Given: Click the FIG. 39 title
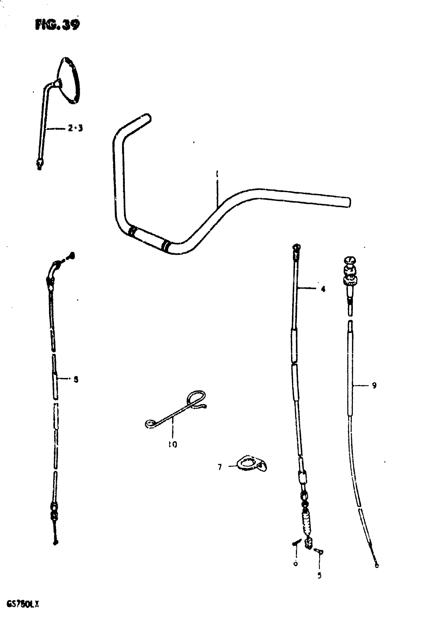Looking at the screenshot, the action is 57,25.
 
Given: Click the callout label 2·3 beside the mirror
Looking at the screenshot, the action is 75,128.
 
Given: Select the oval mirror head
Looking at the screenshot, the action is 69,80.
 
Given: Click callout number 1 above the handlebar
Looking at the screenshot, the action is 217,174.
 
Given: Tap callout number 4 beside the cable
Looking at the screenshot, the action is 323,289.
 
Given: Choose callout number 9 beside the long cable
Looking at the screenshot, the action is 374,385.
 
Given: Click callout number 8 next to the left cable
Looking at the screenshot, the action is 76,379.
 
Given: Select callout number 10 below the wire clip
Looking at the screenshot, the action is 173,444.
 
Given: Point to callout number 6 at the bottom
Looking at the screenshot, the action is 296,563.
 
